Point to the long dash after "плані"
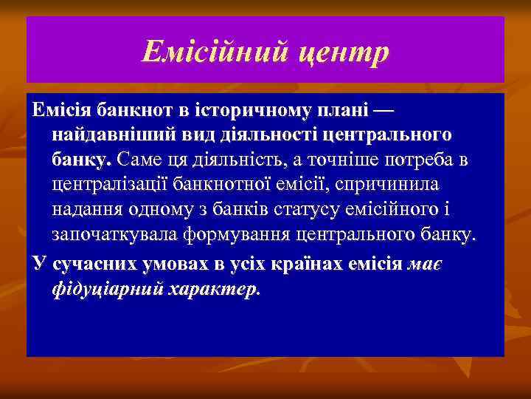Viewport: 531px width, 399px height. pyautogui.click(x=383, y=112)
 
